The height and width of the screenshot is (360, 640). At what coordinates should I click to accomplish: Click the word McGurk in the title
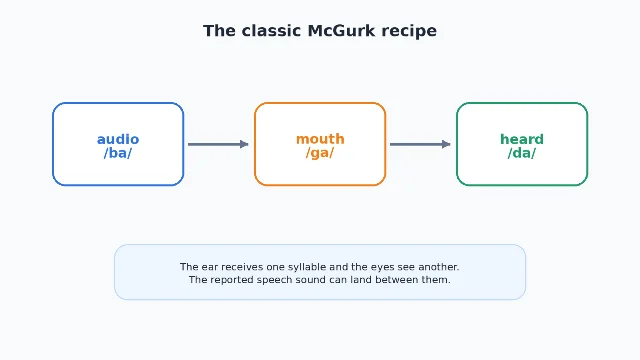point(341,31)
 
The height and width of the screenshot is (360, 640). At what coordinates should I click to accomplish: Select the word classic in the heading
point(271,31)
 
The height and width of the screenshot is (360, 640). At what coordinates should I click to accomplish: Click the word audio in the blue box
point(118,140)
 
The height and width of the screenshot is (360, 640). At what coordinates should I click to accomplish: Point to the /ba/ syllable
point(118,153)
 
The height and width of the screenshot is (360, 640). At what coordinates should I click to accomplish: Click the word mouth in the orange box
point(320,139)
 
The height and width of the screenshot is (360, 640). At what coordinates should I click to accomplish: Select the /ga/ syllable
point(320,153)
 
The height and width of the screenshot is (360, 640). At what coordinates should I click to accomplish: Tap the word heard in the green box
point(522,140)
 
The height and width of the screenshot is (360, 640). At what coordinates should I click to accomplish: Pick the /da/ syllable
point(522,153)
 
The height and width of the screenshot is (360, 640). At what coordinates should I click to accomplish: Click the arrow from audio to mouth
point(218,144)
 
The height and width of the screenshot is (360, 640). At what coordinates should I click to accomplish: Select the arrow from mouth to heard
point(420,144)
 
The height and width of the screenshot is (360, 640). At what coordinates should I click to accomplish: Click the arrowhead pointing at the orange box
point(244,144)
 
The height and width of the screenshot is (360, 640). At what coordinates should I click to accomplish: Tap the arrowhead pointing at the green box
point(447,144)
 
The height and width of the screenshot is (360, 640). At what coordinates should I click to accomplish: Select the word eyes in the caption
point(383,268)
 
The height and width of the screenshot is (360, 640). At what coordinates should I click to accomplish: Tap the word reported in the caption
point(230,280)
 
